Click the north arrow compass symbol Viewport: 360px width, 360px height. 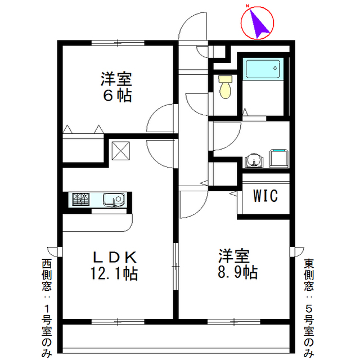click(x=257, y=23)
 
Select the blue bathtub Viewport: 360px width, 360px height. click(x=263, y=70)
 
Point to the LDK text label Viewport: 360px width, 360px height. click(x=115, y=257)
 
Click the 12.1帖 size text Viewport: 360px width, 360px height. click(x=115, y=274)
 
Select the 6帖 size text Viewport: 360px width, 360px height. click(x=117, y=95)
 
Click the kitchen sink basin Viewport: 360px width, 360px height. click(x=115, y=199)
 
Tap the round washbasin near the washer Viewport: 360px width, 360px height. click(x=254, y=160)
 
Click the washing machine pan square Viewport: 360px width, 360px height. click(x=278, y=158)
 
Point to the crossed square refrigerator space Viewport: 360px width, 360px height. click(x=121, y=150)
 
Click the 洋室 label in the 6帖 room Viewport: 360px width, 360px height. click(x=117, y=78)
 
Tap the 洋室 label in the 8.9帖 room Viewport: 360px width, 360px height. click(x=235, y=256)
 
